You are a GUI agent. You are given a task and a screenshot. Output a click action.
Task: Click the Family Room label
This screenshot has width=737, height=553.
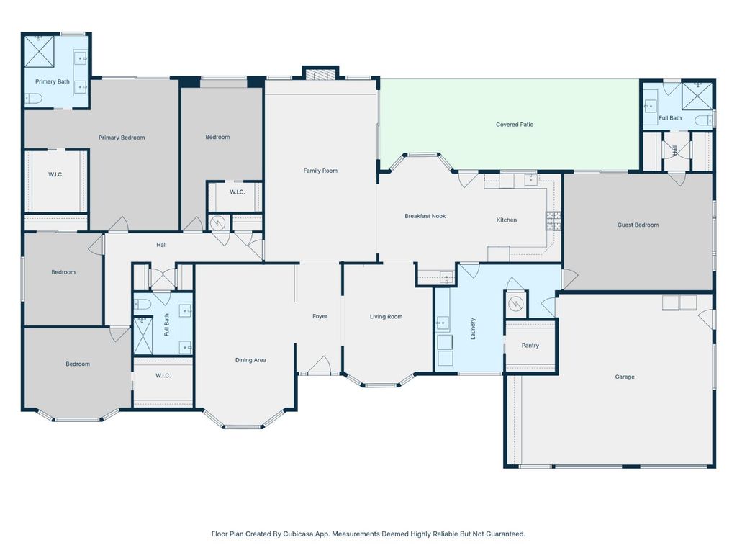click(x=320, y=171)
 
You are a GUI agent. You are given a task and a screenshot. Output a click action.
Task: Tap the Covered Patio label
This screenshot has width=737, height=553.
click(x=515, y=125)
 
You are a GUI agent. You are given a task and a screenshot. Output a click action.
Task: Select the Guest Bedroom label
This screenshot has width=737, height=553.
click(x=638, y=225)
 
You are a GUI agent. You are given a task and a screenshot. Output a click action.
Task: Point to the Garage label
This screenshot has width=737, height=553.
click(x=624, y=377)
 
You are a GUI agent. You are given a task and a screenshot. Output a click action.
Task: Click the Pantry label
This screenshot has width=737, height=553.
click(x=530, y=346)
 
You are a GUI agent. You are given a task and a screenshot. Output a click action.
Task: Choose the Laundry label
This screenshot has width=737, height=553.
click(x=474, y=329)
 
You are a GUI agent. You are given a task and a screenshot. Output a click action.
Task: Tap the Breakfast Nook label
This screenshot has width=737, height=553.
click(x=425, y=216)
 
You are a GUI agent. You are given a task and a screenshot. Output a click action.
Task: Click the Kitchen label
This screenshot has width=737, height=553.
click(x=507, y=220)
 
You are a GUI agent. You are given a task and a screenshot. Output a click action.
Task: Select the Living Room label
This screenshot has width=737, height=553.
click(x=386, y=317)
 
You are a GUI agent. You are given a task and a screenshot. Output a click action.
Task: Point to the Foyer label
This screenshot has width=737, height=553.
click(x=320, y=316)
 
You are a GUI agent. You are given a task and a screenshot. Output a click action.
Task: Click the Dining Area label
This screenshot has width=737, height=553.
click(x=250, y=360)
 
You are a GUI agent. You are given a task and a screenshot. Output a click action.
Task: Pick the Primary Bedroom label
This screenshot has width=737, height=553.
click(x=122, y=138)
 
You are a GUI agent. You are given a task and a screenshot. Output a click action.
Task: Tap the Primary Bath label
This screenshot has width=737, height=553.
click(x=53, y=81)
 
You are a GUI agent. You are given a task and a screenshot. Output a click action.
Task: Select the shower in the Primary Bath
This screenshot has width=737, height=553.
click(x=40, y=51)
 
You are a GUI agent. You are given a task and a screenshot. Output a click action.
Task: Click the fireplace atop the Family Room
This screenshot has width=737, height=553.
click(x=320, y=73)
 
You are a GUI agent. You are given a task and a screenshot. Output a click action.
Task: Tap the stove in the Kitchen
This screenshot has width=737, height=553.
click(x=553, y=220)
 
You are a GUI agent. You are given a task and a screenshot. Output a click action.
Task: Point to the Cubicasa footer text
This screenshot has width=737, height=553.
click(x=368, y=534)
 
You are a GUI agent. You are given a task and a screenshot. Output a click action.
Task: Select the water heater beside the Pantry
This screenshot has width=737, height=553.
click(x=516, y=304)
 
